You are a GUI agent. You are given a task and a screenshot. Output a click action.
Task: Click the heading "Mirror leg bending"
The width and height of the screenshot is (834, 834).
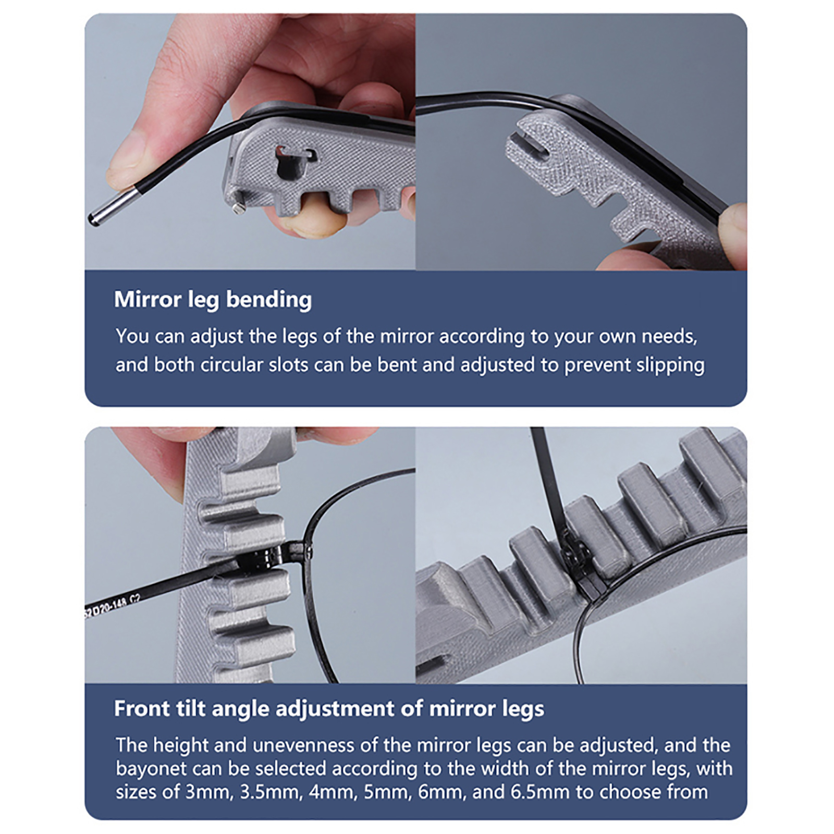point(213,300)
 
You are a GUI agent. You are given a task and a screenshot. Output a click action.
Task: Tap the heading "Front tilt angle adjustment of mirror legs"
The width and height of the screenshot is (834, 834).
point(329,709)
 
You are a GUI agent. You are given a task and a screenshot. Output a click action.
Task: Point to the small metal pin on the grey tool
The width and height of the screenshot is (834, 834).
point(239,206)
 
